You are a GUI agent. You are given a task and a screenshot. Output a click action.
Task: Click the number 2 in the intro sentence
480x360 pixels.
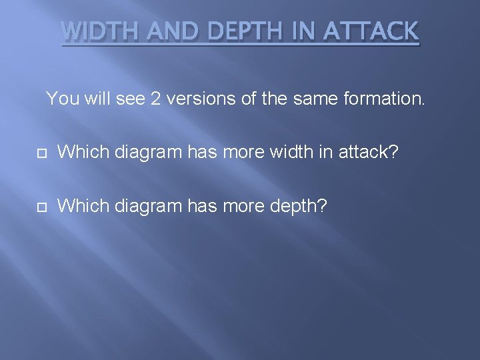155,99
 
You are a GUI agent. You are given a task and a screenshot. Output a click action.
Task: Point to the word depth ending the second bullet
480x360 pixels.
298,206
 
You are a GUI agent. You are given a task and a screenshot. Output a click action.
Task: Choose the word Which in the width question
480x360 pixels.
84,152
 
